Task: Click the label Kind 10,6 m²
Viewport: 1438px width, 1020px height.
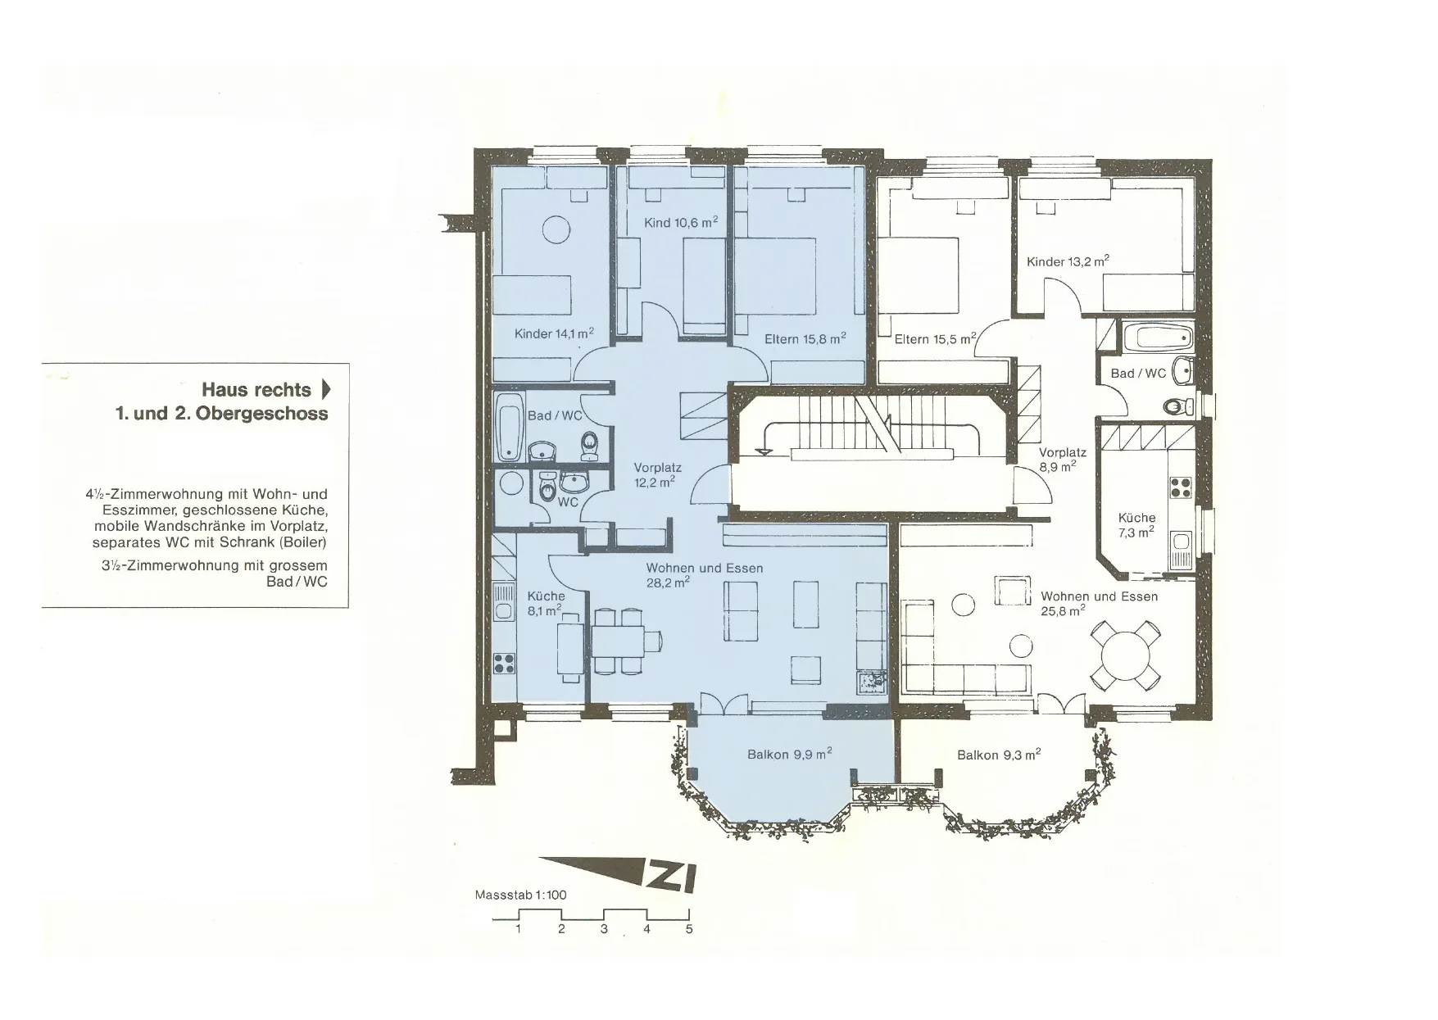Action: click(681, 222)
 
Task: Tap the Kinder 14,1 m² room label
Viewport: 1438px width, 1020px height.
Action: click(554, 333)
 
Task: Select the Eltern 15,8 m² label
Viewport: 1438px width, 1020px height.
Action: click(805, 338)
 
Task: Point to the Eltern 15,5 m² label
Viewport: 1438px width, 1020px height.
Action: click(936, 338)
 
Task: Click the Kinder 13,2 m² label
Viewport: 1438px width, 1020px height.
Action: click(1068, 261)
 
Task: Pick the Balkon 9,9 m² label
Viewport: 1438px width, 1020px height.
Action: click(790, 754)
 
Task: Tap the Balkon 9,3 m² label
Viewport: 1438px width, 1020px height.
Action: click(999, 755)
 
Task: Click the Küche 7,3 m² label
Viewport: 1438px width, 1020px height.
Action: click(1136, 524)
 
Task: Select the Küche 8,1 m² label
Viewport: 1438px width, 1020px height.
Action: click(546, 603)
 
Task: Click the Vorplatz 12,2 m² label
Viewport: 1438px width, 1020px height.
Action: click(657, 475)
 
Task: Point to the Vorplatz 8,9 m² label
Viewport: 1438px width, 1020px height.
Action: click(1063, 460)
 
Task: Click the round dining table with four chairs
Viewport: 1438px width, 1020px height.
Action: click(1126, 655)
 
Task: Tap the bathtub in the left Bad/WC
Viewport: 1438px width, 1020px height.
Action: click(510, 428)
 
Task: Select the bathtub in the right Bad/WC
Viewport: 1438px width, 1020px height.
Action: click(1158, 337)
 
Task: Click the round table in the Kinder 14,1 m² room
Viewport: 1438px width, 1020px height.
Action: click(556, 229)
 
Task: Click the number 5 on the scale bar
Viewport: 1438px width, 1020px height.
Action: click(689, 929)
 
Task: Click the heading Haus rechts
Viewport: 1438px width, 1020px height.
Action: click(256, 390)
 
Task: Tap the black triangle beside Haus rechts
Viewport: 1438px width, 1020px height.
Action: click(326, 389)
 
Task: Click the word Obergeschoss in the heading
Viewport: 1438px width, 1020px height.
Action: click(262, 414)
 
